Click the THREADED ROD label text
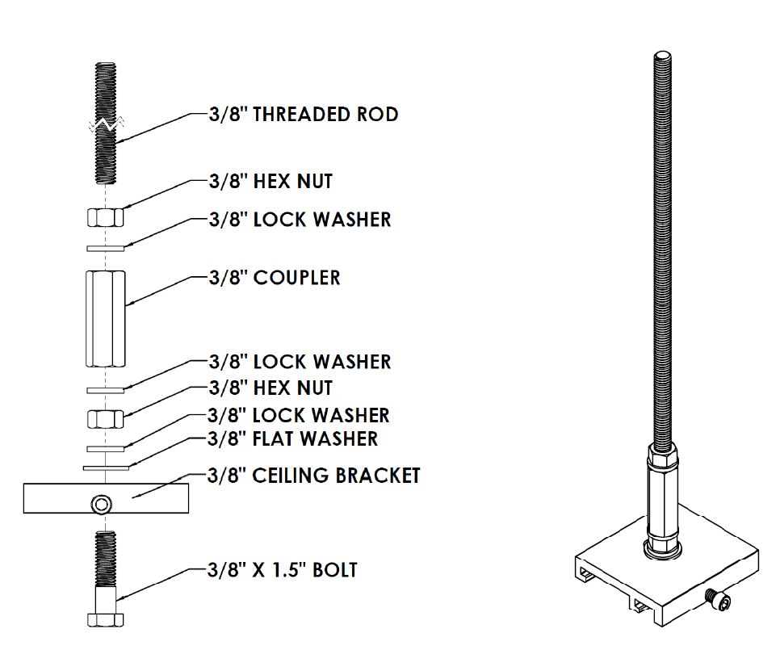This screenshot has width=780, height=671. pyautogui.click(x=303, y=115)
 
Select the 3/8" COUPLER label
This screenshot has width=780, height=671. pyautogui.click(x=275, y=278)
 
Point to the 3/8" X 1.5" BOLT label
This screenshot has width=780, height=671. pyautogui.click(x=283, y=570)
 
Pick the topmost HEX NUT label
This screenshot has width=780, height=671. pyautogui.click(x=270, y=182)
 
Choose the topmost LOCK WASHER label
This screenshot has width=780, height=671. pyautogui.click(x=300, y=220)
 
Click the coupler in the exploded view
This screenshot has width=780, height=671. pyautogui.click(x=105, y=319)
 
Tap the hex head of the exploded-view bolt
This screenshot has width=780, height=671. pyautogui.click(x=105, y=619)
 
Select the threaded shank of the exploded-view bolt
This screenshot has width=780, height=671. pyautogui.click(x=105, y=557)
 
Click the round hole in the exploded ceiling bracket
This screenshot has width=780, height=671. pyautogui.click(x=101, y=505)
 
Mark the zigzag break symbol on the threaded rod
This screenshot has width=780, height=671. pyautogui.click(x=105, y=124)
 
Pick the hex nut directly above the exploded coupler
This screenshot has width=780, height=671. pyautogui.click(x=105, y=216)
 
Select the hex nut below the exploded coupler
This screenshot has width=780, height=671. pyautogui.click(x=105, y=419)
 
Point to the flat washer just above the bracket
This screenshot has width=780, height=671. pyautogui.click(x=105, y=467)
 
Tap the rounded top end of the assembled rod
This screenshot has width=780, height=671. pyautogui.click(x=662, y=57)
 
